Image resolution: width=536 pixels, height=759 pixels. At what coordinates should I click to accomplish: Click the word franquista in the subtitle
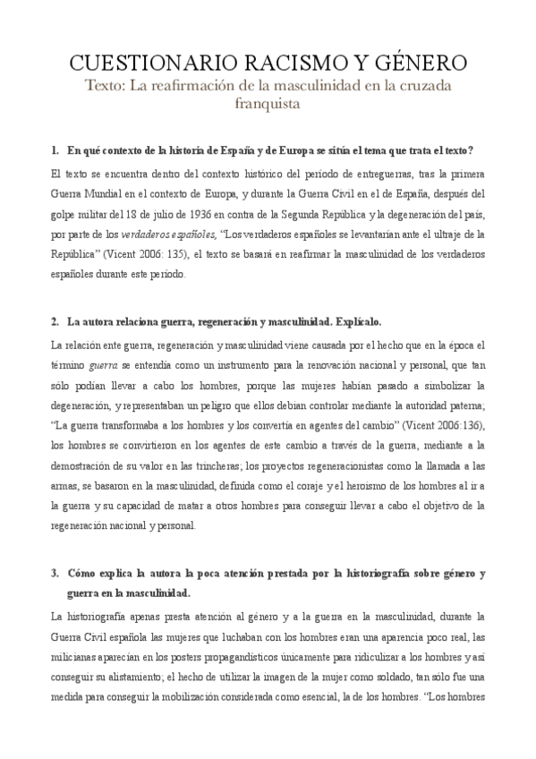pyautogui.click(x=268, y=103)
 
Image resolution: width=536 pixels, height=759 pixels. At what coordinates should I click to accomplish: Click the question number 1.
pyautogui.click(x=55, y=149)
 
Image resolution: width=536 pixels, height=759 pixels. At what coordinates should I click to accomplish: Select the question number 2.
pyautogui.click(x=55, y=320)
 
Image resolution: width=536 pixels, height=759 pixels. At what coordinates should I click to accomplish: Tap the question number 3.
pyautogui.click(x=55, y=572)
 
